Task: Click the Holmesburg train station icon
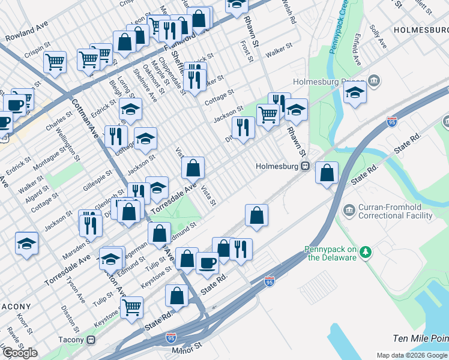305,166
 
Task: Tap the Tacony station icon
91,340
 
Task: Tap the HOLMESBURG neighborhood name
420,29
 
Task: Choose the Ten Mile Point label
420,338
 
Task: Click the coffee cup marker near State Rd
207,263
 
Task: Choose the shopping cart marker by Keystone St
131,307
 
